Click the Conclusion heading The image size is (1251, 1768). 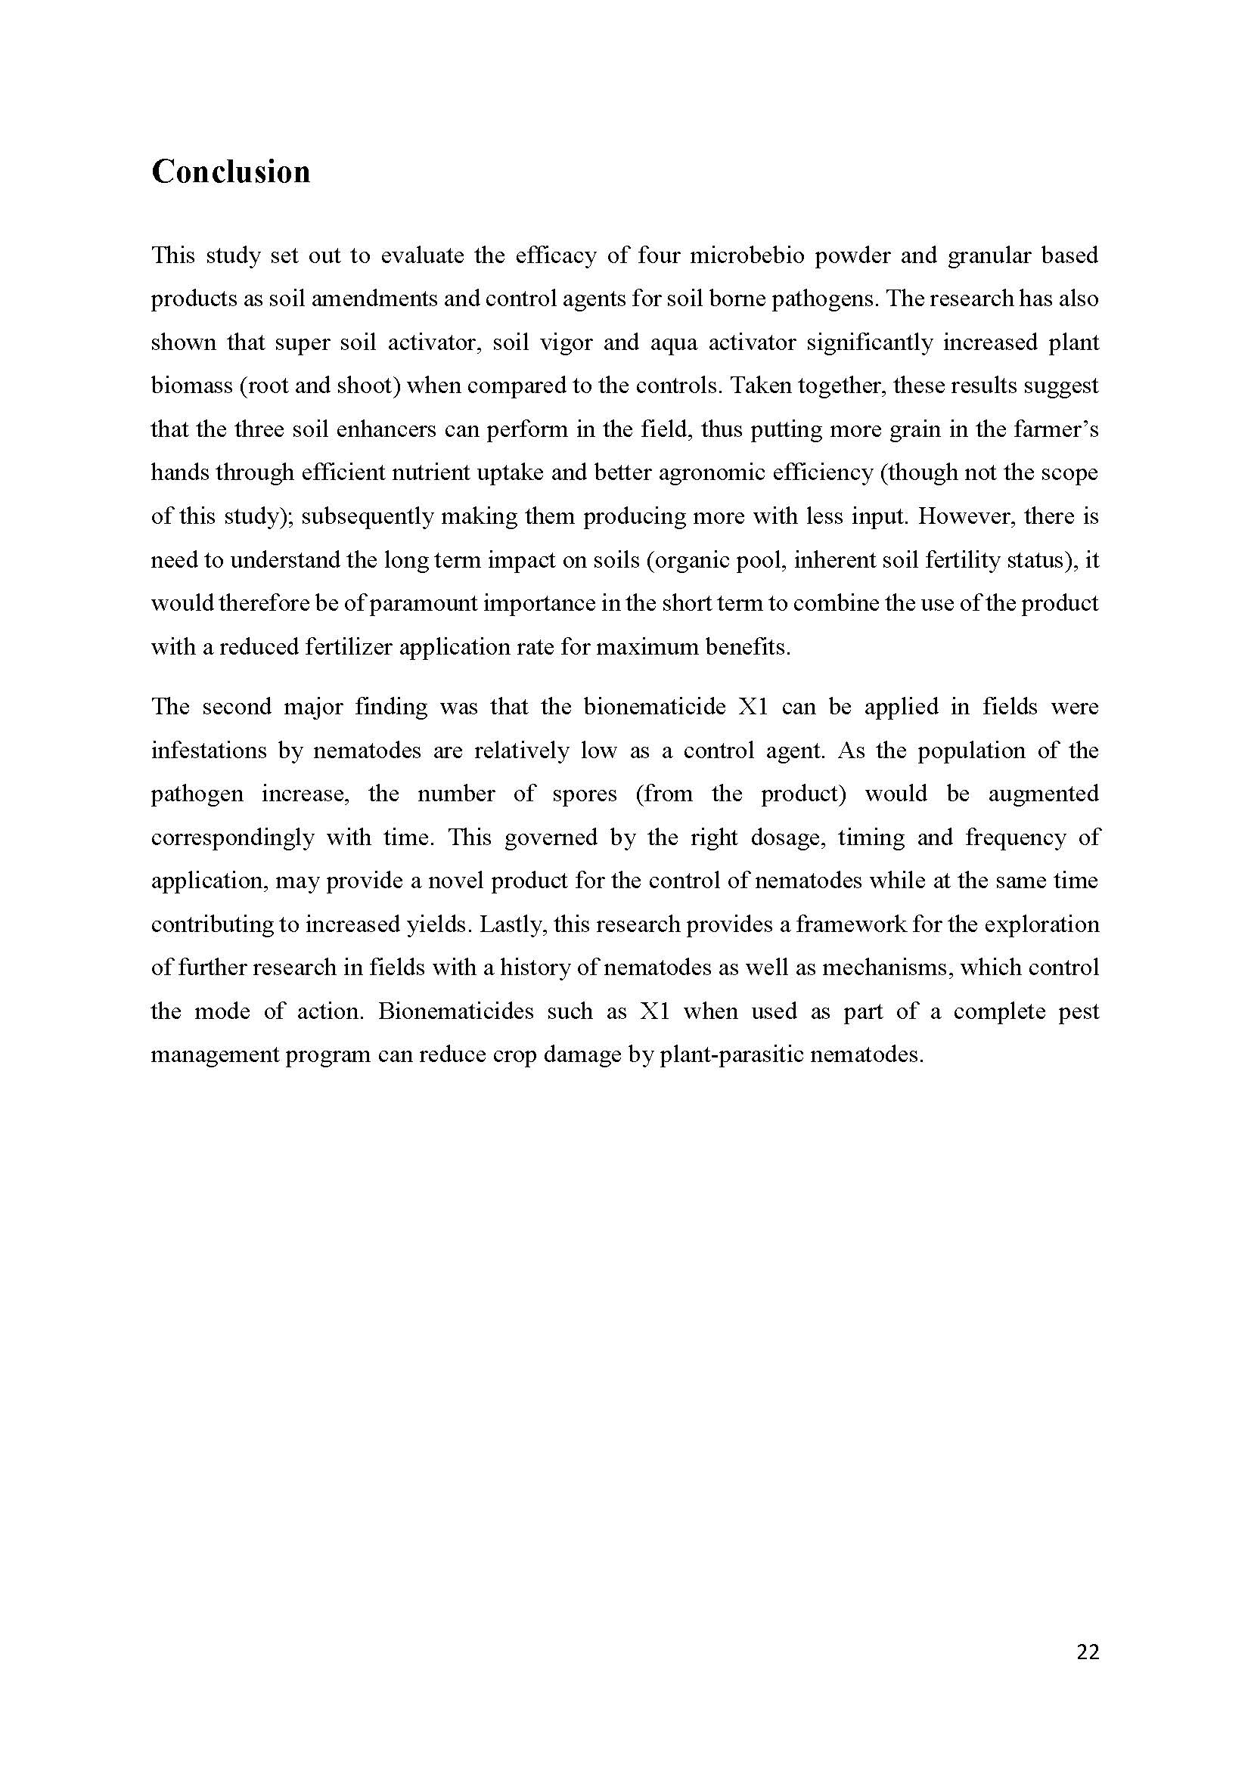point(231,172)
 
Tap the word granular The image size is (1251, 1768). point(989,255)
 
